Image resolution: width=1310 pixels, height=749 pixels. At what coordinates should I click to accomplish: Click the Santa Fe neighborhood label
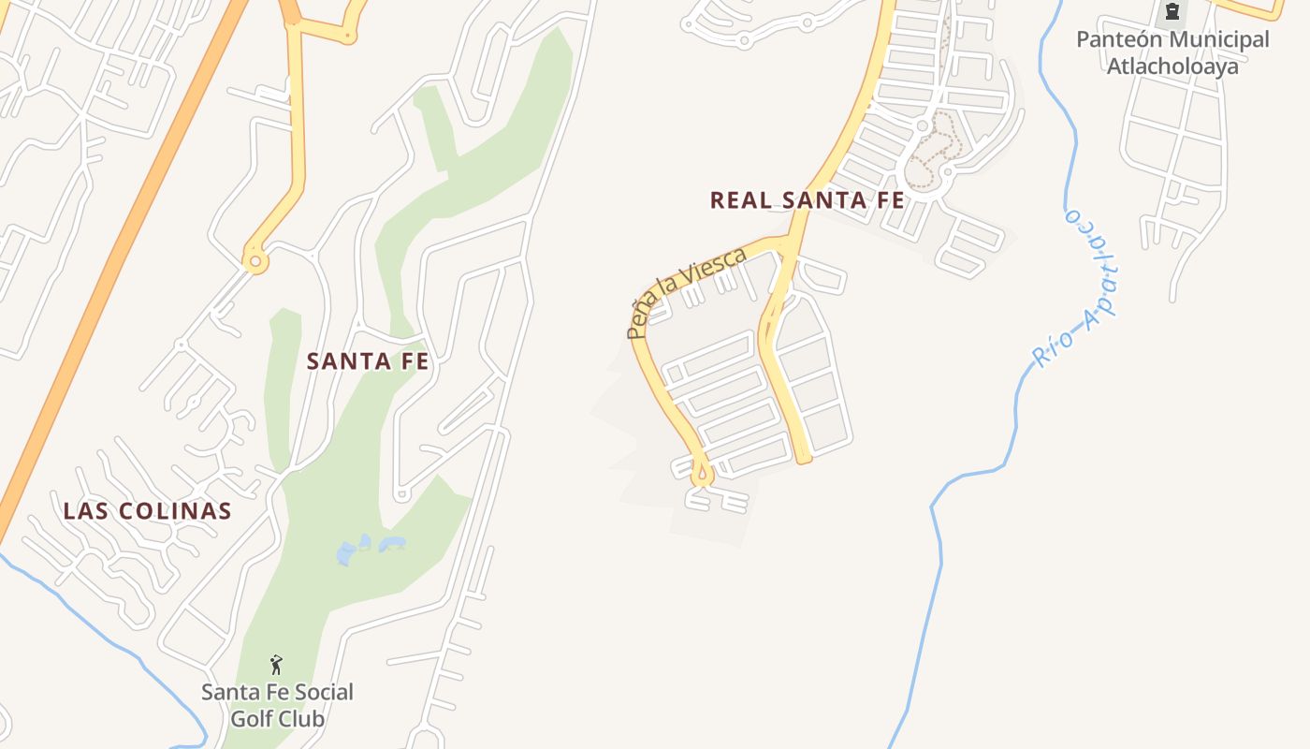[368, 361]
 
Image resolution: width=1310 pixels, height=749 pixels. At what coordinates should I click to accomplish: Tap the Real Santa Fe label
[807, 200]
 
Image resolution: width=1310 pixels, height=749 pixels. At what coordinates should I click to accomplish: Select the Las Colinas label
[147, 511]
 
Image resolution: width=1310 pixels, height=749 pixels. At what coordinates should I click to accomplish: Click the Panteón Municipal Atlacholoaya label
[1172, 52]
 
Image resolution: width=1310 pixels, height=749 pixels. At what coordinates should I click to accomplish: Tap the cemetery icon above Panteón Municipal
[1172, 12]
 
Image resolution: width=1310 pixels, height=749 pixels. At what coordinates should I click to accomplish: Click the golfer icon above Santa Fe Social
[276, 665]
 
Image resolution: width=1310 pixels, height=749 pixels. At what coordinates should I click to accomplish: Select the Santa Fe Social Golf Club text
[278, 705]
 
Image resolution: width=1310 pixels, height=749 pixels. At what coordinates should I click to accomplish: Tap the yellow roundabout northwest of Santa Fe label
[255, 260]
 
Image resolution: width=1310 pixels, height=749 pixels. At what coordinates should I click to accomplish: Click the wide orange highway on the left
[112, 262]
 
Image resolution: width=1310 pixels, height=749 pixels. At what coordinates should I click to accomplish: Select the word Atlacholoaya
[1172, 66]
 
